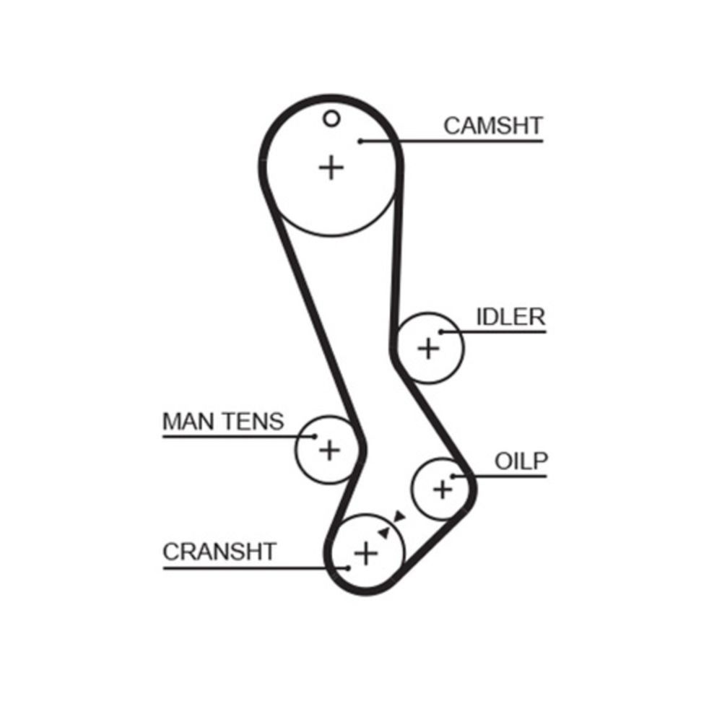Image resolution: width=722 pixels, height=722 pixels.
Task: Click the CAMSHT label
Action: tap(493, 126)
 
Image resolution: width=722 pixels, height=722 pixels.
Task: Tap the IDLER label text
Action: tap(510, 317)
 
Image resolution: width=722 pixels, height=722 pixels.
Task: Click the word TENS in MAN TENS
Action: tap(253, 422)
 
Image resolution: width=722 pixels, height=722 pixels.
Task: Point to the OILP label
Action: tap(521, 461)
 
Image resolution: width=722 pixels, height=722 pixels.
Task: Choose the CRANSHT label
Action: tap(219, 552)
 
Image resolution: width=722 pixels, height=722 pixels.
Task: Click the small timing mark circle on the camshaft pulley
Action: tap(331, 119)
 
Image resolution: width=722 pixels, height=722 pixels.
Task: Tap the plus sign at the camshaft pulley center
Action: tap(331, 168)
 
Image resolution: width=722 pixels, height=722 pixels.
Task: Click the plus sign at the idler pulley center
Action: tap(428, 348)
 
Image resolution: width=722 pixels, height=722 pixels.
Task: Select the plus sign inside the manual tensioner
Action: tap(329, 450)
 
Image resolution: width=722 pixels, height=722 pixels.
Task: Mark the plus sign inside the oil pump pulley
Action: tap(443, 489)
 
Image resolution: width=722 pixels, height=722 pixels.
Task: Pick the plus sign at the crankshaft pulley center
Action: tap(365, 552)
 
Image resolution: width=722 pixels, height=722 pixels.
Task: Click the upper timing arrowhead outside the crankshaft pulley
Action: tap(399, 516)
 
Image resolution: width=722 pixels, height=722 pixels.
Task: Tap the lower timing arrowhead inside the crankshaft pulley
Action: tap(384, 533)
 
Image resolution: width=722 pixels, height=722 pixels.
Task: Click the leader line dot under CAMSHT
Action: tap(361, 142)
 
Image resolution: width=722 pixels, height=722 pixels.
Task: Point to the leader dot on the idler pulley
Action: tap(441, 331)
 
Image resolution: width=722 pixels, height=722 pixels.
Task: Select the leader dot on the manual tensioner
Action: tap(315, 436)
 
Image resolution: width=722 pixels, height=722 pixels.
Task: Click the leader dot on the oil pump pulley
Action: tap(453, 476)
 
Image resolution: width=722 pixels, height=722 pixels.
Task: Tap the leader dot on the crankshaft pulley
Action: tap(348, 568)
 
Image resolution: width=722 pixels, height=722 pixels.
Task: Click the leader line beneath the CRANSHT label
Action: tap(256, 568)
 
